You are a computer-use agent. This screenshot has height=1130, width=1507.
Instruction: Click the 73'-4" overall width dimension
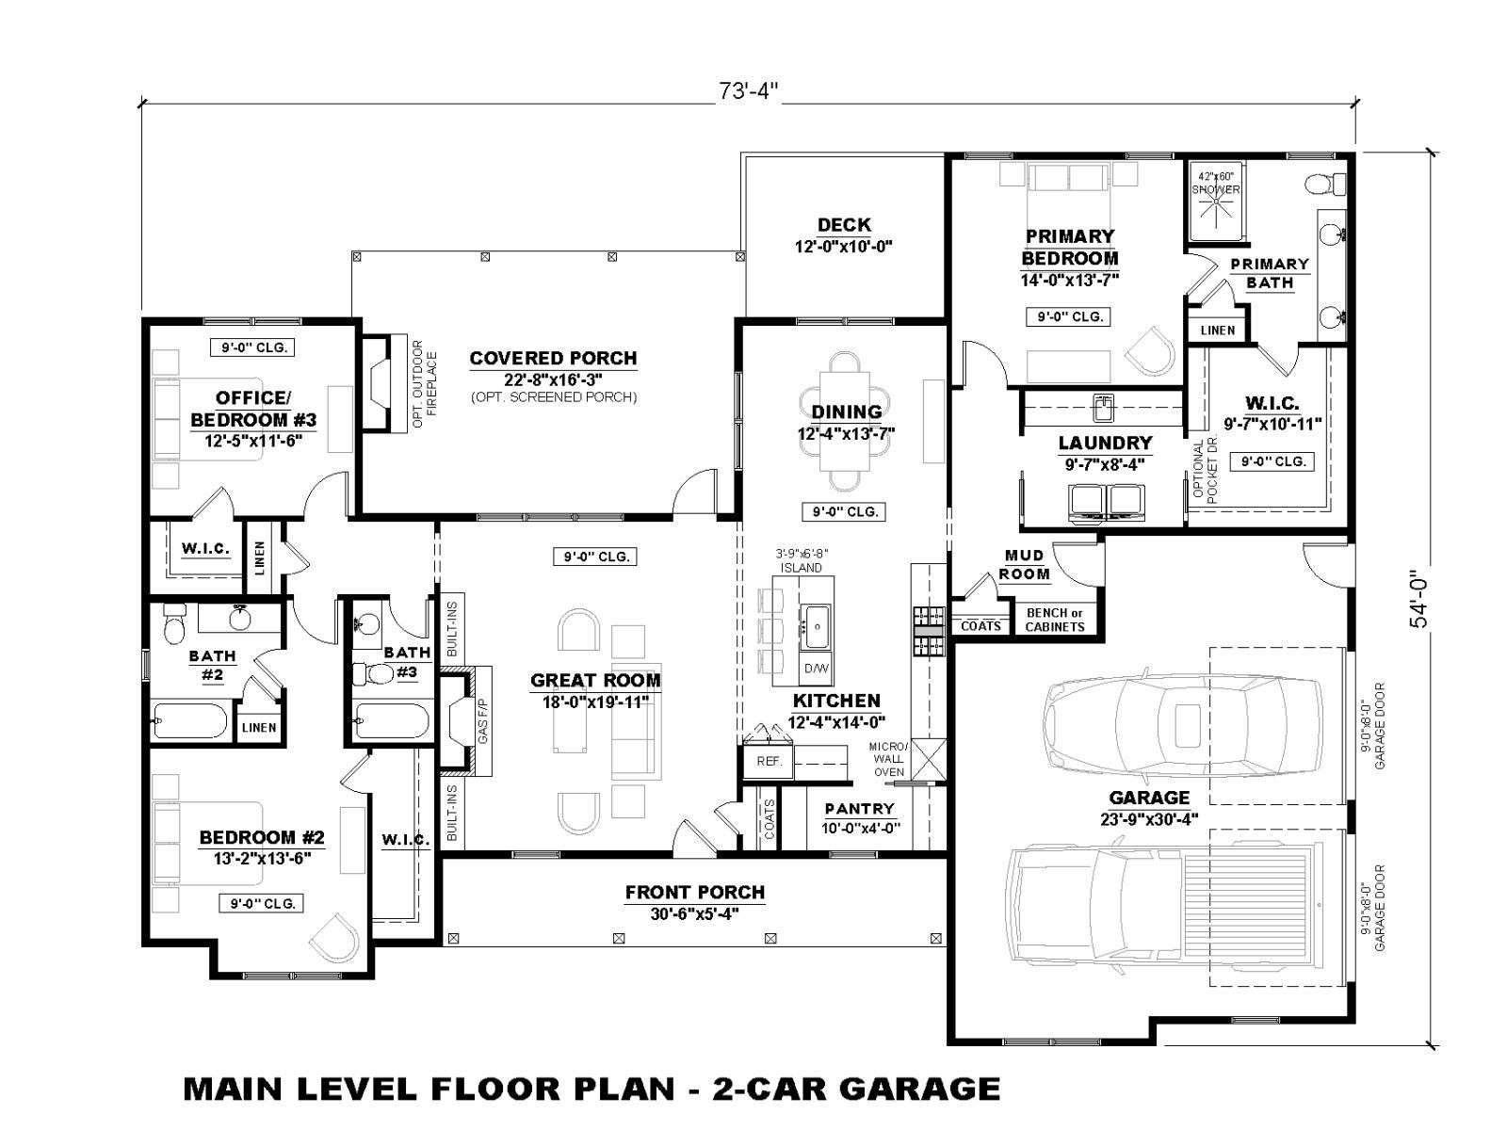pos(749,91)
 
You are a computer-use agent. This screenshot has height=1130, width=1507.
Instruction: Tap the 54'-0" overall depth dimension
pos(1418,600)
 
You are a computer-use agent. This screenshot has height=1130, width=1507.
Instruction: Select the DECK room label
pos(844,224)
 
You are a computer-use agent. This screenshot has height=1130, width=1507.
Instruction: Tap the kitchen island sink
pos(817,625)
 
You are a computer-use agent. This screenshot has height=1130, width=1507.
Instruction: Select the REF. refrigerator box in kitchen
pos(769,761)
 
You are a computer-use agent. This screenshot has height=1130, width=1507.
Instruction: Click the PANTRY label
pos(860,808)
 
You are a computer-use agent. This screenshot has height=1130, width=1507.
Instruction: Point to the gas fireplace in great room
pos(465,721)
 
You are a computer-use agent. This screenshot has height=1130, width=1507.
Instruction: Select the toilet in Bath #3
pos(371,673)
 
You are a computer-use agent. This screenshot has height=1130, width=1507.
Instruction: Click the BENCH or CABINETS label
pos(1055,620)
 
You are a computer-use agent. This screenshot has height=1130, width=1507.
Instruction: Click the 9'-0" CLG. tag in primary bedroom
pos(1068,317)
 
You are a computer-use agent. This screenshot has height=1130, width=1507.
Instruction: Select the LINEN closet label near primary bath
pos(1218,331)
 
